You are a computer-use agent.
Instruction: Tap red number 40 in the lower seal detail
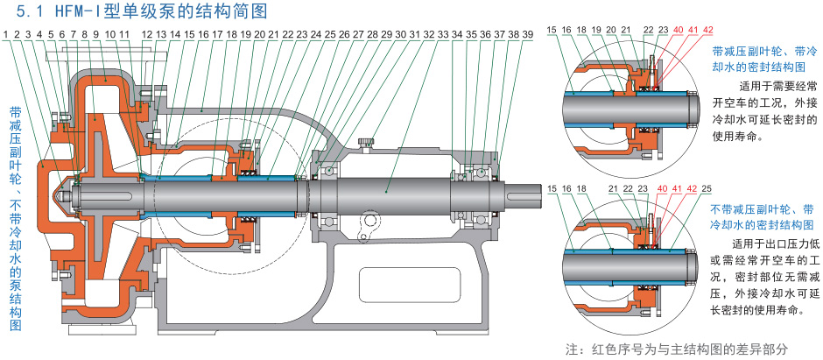pyautogui.click(x=662, y=187)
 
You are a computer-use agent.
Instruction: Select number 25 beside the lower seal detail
pyautogui.click(x=707, y=187)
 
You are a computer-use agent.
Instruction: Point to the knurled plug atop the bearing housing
pyautogui.click(x=371, y=140)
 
